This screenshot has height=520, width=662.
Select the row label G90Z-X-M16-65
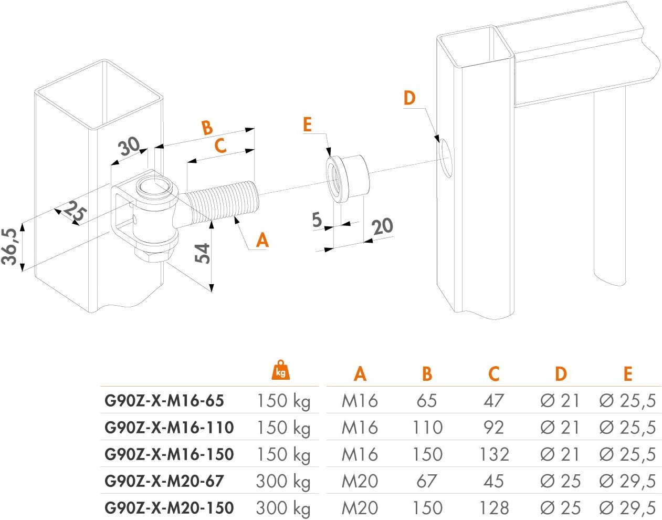[x=164, y=401]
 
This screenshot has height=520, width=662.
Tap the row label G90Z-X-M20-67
[x=164, y=481]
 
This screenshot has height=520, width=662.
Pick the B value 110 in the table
[x=427, y=428]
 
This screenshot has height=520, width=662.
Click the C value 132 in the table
[x=494, y=454]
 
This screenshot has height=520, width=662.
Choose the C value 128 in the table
[x=494, y=508]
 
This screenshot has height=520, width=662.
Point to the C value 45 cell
[x=493, y=481]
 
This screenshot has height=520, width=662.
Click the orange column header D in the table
[x=561, y=373]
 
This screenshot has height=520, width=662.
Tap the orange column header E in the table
[x=628, y=373]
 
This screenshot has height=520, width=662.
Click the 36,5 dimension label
[x=9, y=246]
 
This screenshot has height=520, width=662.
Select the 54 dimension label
[x=202, y=253]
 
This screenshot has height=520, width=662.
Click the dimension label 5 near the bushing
[x=317, y=220]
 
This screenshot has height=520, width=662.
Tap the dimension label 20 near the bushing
[x=382, y=226]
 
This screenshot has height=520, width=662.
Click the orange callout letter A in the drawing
[x=262, y=240]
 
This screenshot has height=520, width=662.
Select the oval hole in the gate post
[x=445, y=158]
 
